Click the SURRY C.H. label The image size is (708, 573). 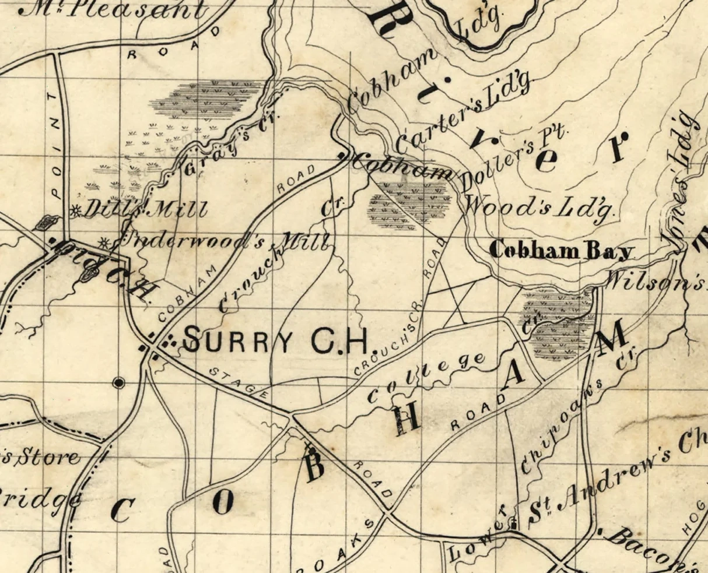coord(275,340)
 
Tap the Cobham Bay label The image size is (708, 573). coord(560,251)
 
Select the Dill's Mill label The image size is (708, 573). coord(146,209)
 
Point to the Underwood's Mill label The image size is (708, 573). coord(225,240)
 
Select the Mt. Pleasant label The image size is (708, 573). coord(114,10)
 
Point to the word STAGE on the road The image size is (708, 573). coord(239,382)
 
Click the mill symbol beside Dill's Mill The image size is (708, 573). coord(75,212)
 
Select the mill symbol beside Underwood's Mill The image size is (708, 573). coord(104,241)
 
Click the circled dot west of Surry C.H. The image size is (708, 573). coord(119,382)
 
